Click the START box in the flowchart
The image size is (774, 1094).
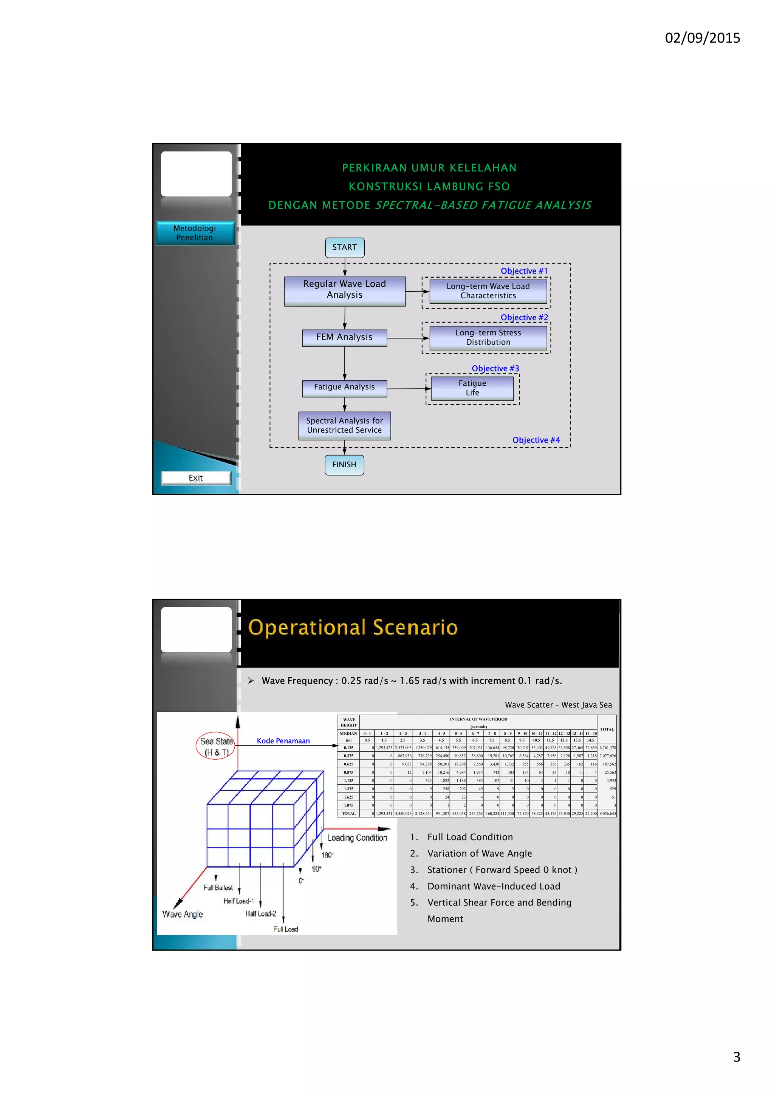tap(345, 248)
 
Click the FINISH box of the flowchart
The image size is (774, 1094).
tap(344, 465)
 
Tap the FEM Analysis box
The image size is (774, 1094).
tap(344, 337)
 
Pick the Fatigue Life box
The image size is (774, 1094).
tap(472, 388)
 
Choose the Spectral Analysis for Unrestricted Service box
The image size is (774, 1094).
tap(344, 425)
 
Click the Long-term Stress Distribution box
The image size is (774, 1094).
tap(488, 338)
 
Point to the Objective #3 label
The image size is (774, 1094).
tap(495, 369)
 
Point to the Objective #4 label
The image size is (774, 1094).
tap(536, 440)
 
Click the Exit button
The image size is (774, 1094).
tap(196, 478)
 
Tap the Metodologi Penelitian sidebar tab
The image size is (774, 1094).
tap(195, 233)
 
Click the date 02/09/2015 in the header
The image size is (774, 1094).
tap(703, 38)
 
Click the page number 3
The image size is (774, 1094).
tap(736, 1057)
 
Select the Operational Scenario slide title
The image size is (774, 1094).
tap(353, 627)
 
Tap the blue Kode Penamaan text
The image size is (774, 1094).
tap(283, 741)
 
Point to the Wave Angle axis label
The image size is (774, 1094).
tap(183, 914)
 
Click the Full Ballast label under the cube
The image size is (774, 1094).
tap(218, 888)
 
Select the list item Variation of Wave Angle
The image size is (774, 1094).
tap(480, 853)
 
